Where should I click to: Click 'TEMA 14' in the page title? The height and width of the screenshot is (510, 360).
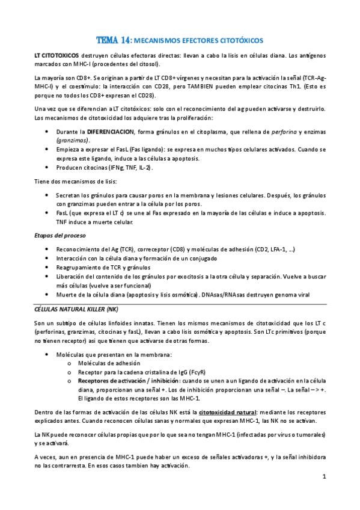coord(113,40)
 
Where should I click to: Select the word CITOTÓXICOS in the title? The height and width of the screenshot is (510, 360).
coord(241,41)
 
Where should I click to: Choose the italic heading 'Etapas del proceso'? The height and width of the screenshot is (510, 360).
coord(59,235)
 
